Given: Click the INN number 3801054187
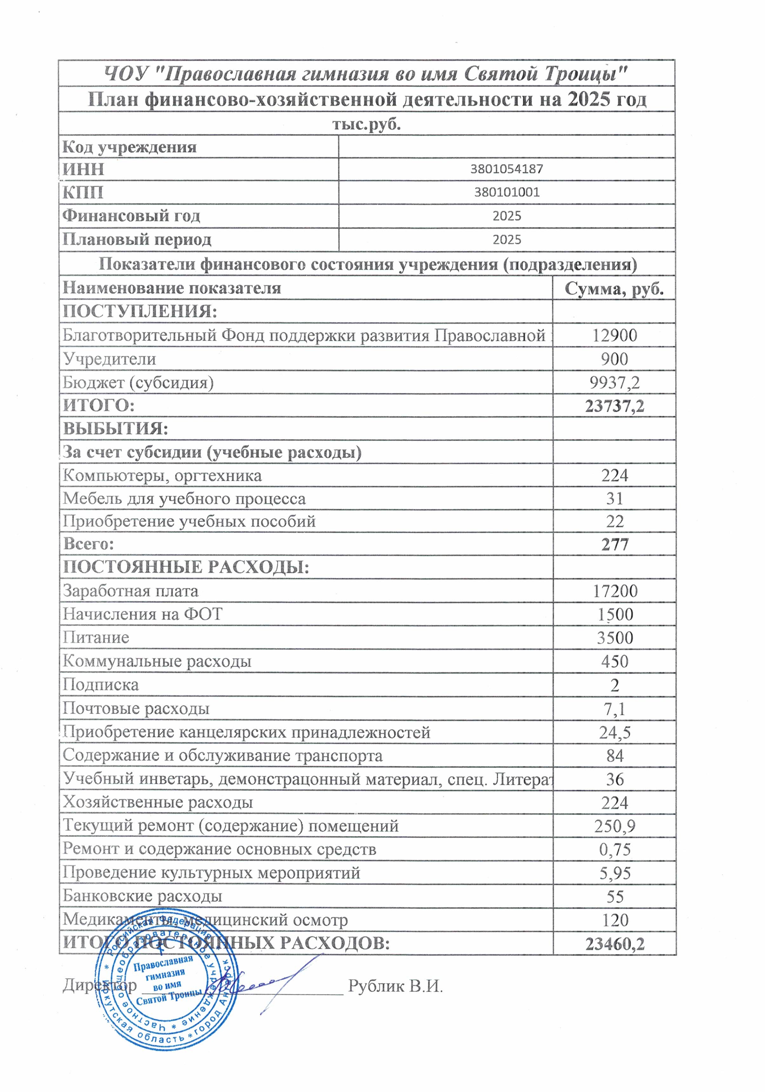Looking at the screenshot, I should pyautogui.click(x=507, y=169).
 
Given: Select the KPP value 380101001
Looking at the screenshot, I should pyautogui.click(x=507, y=192).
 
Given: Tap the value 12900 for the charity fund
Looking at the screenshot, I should pyautogui.click(x=614, y=335).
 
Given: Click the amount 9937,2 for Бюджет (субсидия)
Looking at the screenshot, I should pyautogui.click(x=614, y=383).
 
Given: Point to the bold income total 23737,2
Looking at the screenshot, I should pyautogui.click(x=614, y=406).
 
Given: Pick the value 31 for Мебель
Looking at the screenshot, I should pyautogui.click(x=614, y=499).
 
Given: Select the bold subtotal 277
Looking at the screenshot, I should pyautogui.click(x=614, y=544).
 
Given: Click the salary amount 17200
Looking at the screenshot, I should pyautogui.click(x=614, y=591).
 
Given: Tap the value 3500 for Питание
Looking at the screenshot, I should pyautogui.click(x=614, y=637).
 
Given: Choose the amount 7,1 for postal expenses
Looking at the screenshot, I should pyautogui.click(x=614, y=709).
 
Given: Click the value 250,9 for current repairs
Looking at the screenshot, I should pyautogui.click(x=614, y=826).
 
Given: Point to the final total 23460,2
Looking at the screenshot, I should pyautogui.click(x=614, y=944).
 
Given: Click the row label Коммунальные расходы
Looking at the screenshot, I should pyautogui.click(x=157, y=661).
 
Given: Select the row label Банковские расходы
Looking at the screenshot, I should pyautogui.click(x=142, y=896).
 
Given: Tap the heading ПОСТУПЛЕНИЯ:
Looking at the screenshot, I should pyautogui.click(x=140, y=312).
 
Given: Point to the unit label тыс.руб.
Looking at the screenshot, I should pyautogui.click(x=366, y=124).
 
